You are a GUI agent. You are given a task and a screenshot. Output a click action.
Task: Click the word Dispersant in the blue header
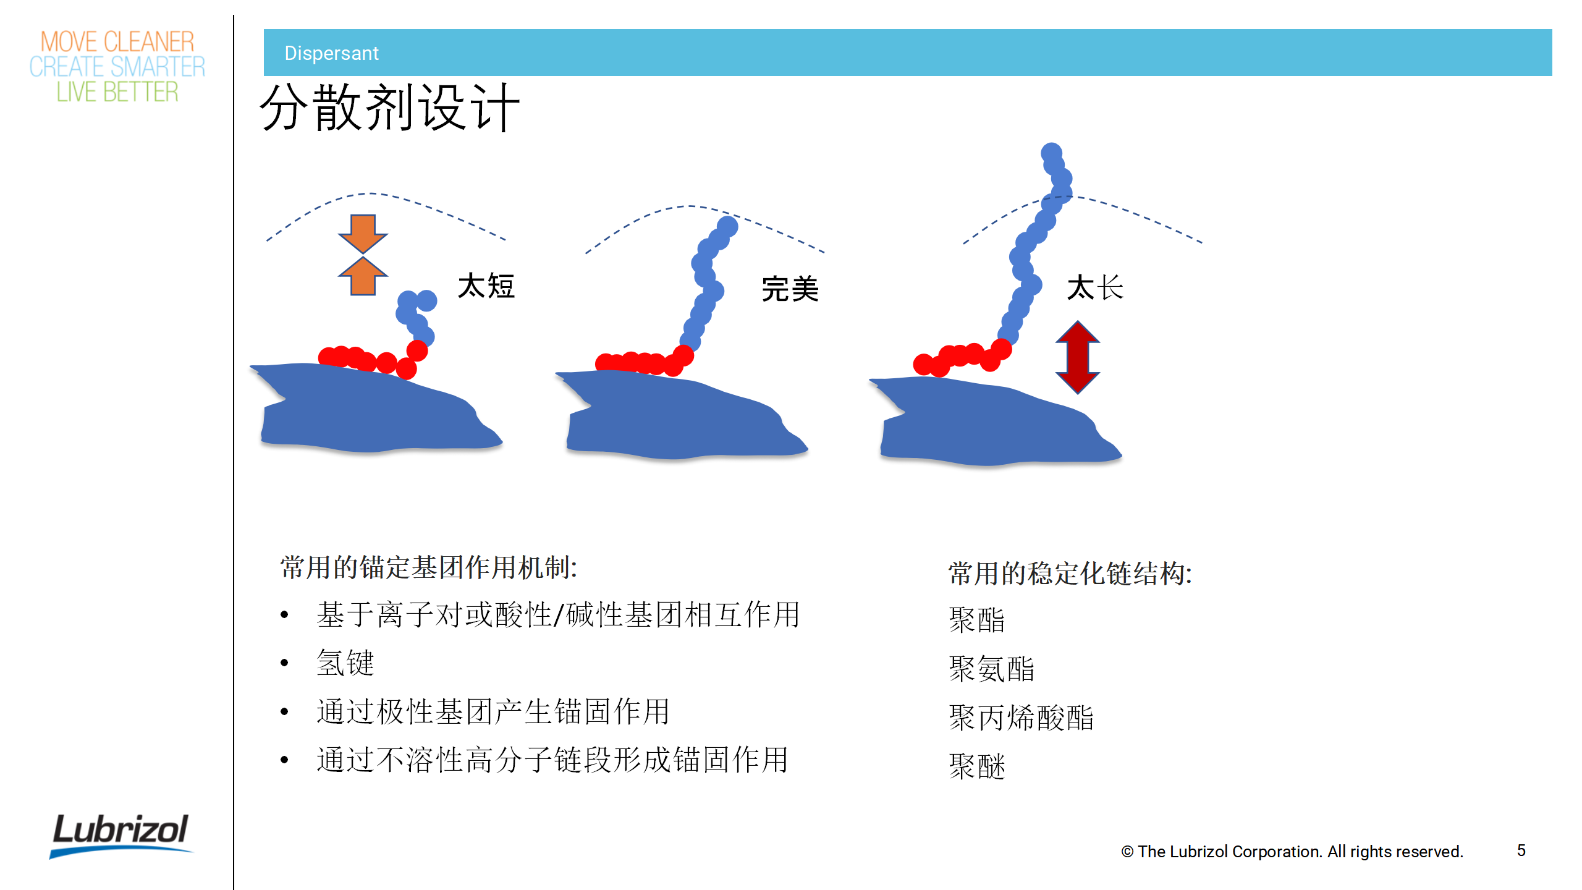pyautogui.click(x=331, y=53)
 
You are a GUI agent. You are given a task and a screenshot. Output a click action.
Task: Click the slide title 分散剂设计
pyautogui.click(x=390, y=108)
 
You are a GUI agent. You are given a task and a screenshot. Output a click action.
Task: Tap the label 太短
pyautogui.click(x=486, y=286)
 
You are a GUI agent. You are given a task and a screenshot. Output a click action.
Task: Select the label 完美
pyautogui.click(x=790, y=289)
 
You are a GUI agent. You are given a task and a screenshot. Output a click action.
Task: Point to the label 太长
pyautogui.click(x=1095, y=288)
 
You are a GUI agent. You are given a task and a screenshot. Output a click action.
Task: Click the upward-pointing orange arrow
pyautogui.click(x=363, y=276)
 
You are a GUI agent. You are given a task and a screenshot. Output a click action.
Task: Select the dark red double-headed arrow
pyautogui.click(x=1077, y=357)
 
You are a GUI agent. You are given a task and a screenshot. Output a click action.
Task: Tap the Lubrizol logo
pyautogui.click(x=121, y=835)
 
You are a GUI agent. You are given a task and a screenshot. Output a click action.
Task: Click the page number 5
pyautogui.click(x=1521, y=850)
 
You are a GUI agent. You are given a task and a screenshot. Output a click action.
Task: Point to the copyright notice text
pyautogui.click(x=1292, y=852)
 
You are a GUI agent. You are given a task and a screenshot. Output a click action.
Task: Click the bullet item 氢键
pyautogui.click(x=345, y=663)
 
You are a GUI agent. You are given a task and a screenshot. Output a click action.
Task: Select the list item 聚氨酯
pyautogui.click(x=992, y=669)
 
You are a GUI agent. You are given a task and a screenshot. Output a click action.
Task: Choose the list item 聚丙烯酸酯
pyautogui.click(x=1022, y=718)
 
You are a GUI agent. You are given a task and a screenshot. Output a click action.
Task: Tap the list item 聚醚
pyautogui.click(x=977, y=766)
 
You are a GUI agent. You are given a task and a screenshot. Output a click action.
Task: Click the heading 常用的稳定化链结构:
pyautogui.click(x=1070, y=574)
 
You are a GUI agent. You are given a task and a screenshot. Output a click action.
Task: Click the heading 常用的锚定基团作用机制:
pyautogui.click(x=429, y=567)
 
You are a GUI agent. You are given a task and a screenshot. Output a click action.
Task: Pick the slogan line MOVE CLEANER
pyautogui.click(x=117, y=42)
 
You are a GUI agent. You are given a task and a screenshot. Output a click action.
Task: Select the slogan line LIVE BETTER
pyautogui.click(x=117, y=92)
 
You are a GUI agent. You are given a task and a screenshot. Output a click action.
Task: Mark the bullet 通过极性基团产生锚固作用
pyautogui.click(x=493, y=711)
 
